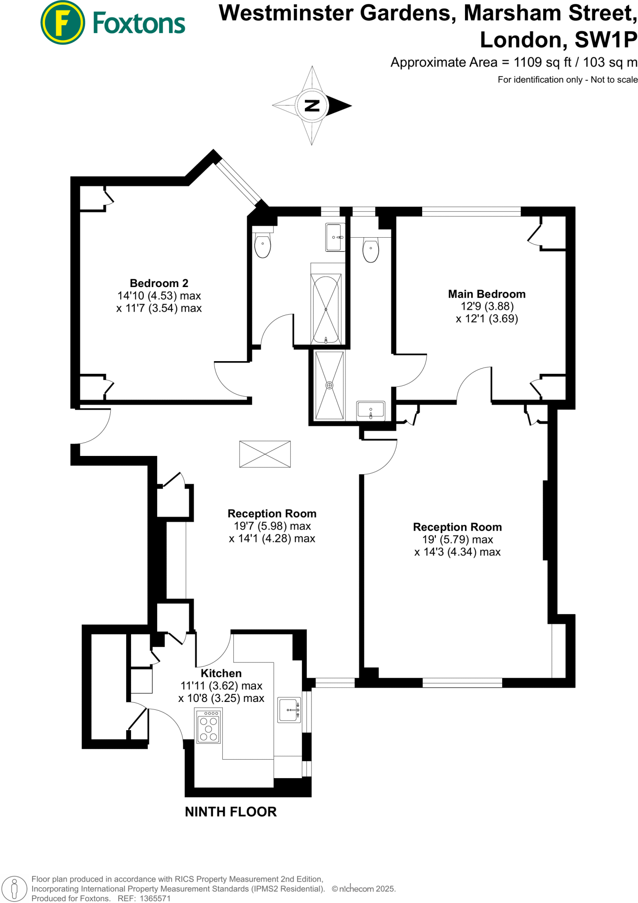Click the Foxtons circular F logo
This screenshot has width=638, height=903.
click(x=63, y=22)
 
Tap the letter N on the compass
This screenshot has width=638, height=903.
click(x=312, y=105)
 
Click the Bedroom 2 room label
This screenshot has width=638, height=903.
click(x=159, y=283)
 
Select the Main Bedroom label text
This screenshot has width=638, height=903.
click(x=487, y=294)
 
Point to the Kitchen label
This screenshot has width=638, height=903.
click(x=221, y=673)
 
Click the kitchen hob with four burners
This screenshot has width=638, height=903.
click(x=208, y=726)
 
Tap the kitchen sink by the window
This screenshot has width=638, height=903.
click(x=289, y=710)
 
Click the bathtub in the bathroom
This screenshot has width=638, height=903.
click(x=326, y=309)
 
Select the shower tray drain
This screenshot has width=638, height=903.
click(x=329, y=385)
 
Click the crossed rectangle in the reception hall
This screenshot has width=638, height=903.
click(x=265, y=454)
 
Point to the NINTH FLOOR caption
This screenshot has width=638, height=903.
click(x=231, y=812)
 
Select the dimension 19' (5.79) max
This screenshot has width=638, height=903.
click(x=457, y=540)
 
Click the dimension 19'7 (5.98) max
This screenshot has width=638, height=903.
click(x=272, y=526)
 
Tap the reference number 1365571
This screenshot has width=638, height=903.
click(x=155, y=899)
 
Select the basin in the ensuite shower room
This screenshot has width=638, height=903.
click(x=371, y=410)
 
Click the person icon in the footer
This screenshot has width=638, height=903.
click(x=14, y=888)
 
